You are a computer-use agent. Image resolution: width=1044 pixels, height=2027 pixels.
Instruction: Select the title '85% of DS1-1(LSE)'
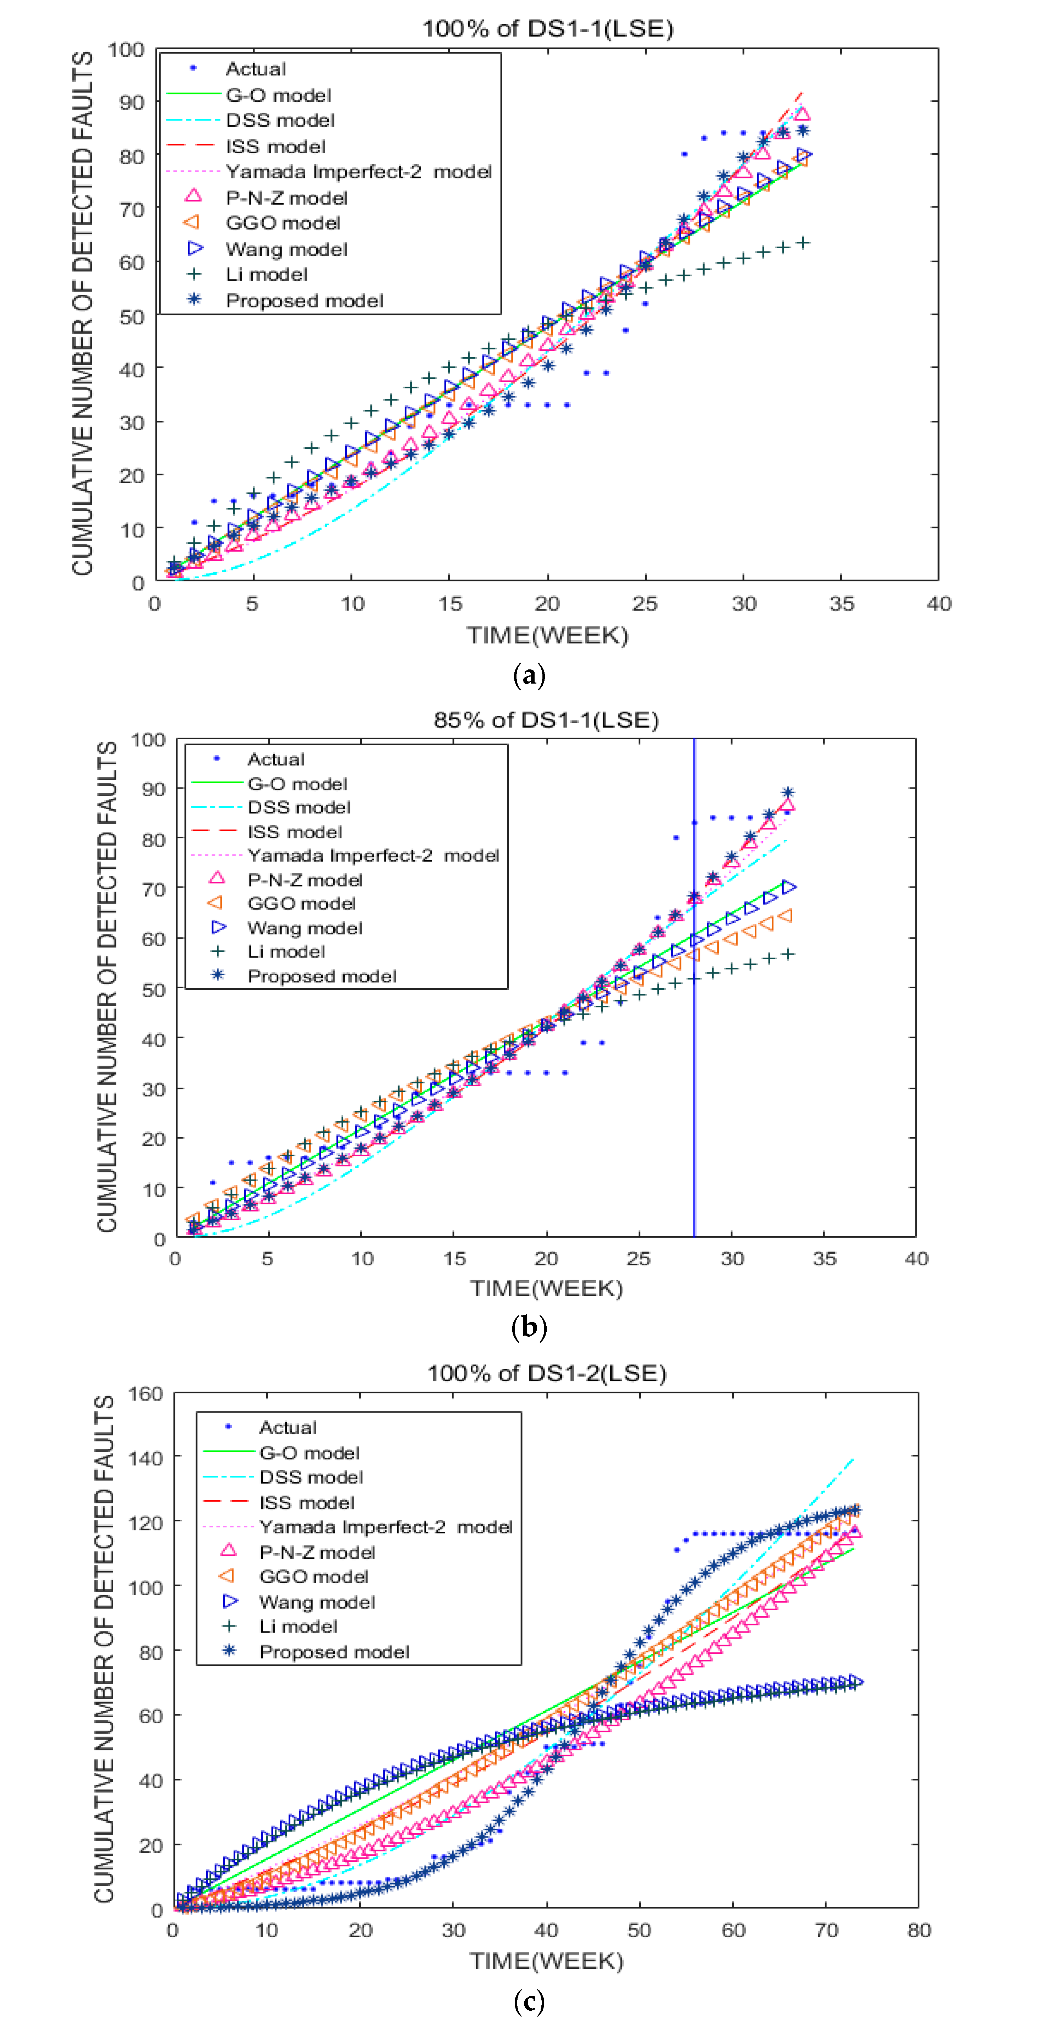[x=546, y=719]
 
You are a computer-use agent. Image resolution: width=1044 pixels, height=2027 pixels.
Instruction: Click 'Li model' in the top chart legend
[x=266, y=275]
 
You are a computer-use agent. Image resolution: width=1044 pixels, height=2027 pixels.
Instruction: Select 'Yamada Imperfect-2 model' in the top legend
[x=358, y=172]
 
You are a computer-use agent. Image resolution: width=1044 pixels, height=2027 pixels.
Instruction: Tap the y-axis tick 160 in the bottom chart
[x=145, y=1393]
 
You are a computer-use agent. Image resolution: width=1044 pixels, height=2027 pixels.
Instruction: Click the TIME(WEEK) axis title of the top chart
[x=547, y=635]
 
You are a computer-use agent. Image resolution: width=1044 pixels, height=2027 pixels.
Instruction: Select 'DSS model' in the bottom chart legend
[x=311, y=1477]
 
